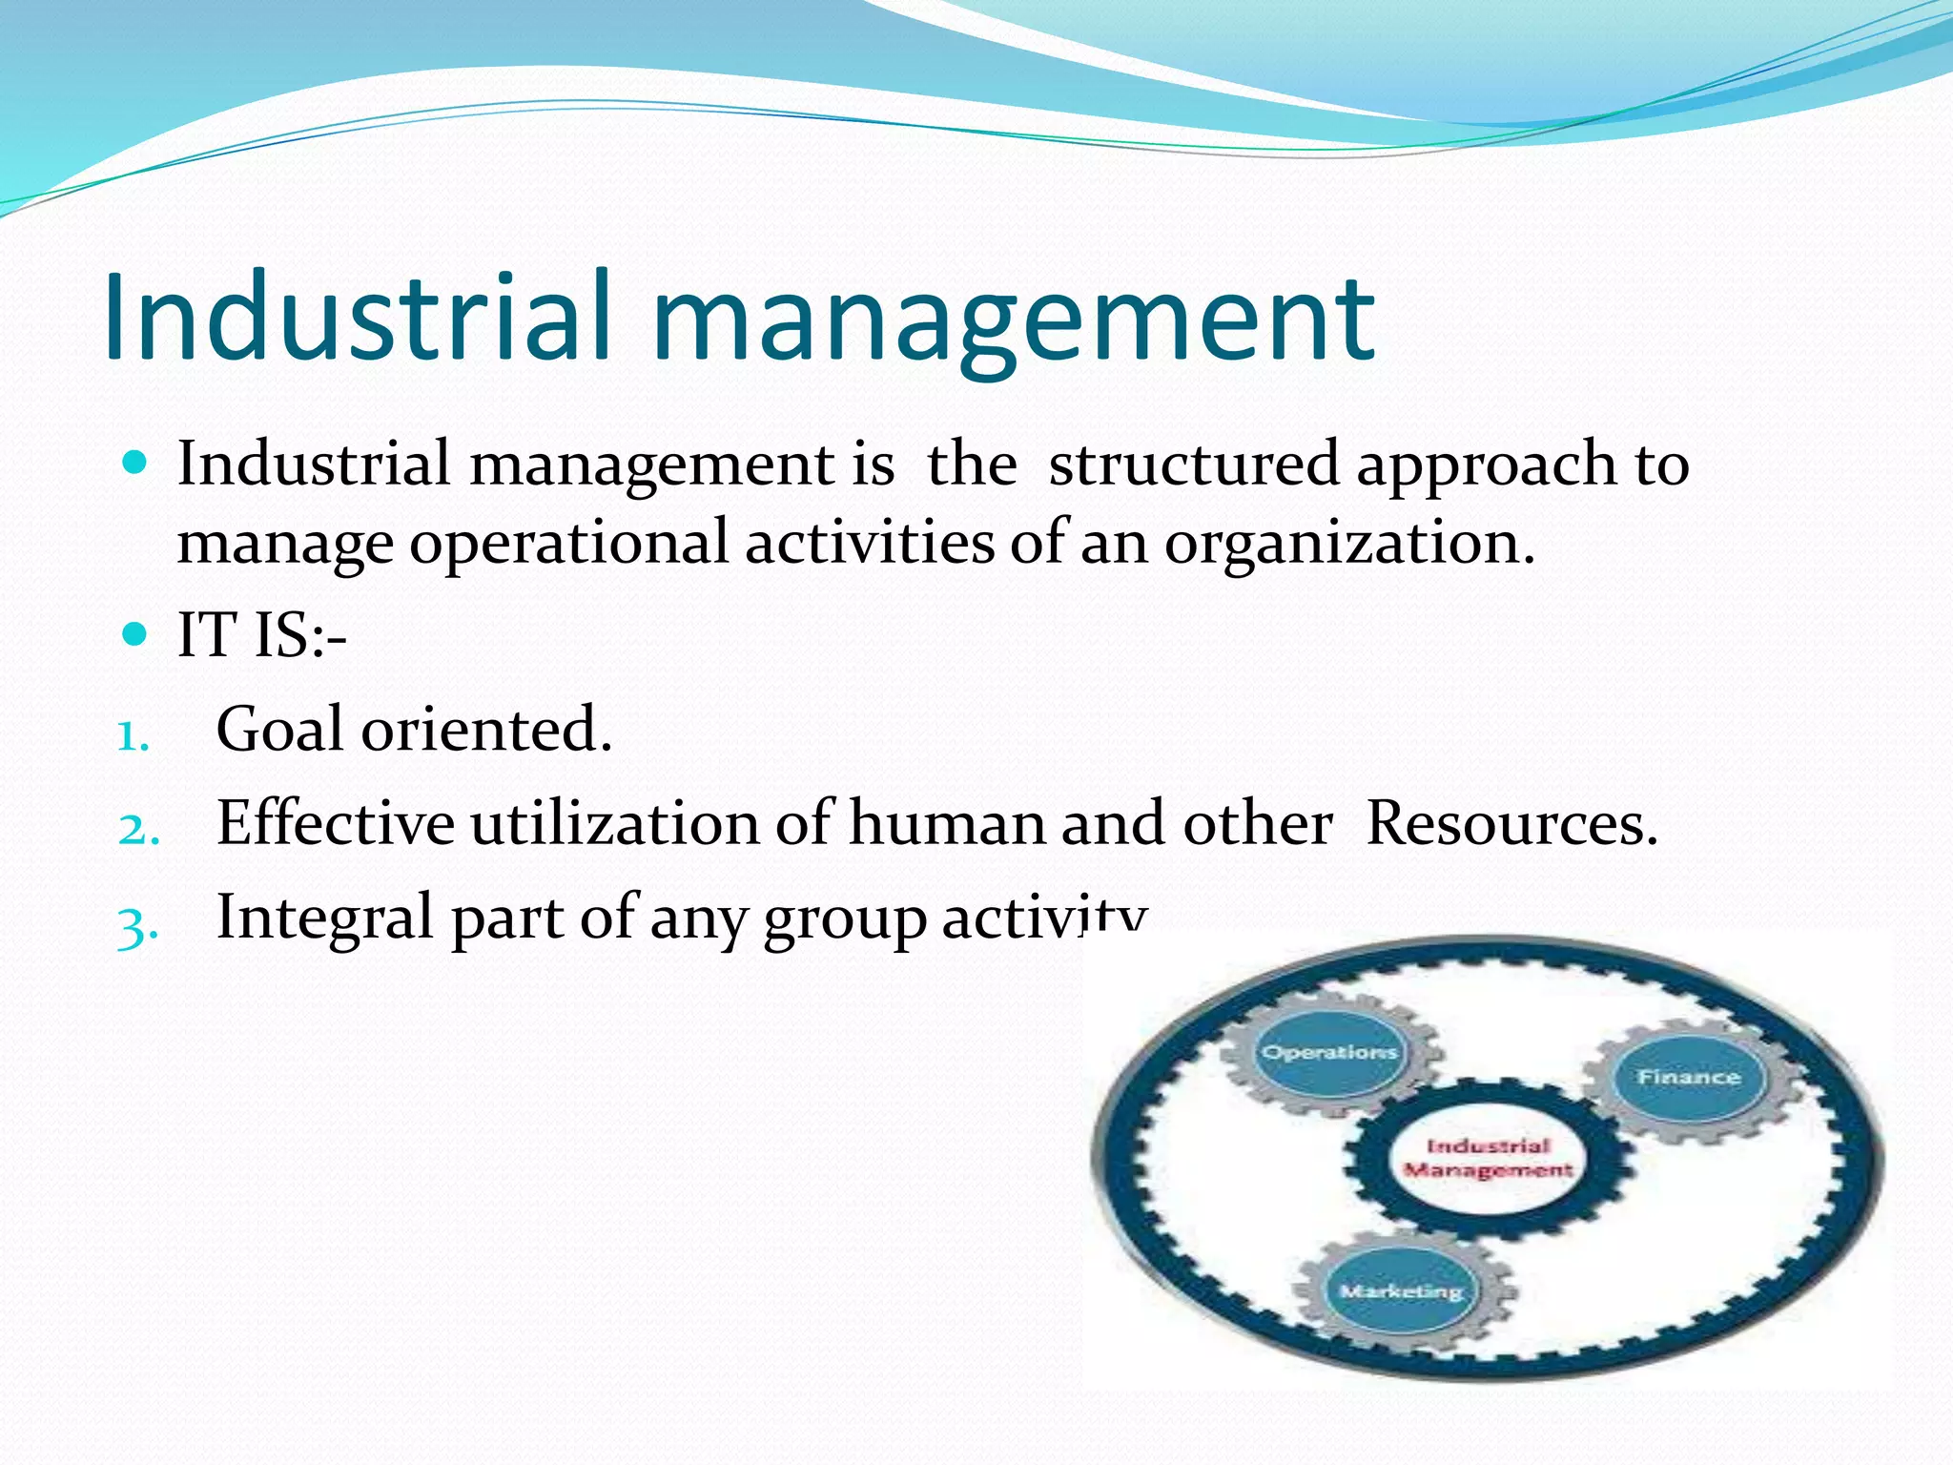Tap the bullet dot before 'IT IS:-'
tap(136, 633)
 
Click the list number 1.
tap(133, 737)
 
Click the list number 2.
tap(137, 830)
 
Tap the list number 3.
tap(136, 925)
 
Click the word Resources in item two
tap(1511, 823)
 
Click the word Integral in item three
tap(324, 918)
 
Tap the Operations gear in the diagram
tap(1329, 1054)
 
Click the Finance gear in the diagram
tap(1689, 1078)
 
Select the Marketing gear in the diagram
tap(1401, 1291)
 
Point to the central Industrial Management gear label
tap(1488, 1158)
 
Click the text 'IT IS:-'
tap(262, 635)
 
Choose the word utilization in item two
tap(614, 823)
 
